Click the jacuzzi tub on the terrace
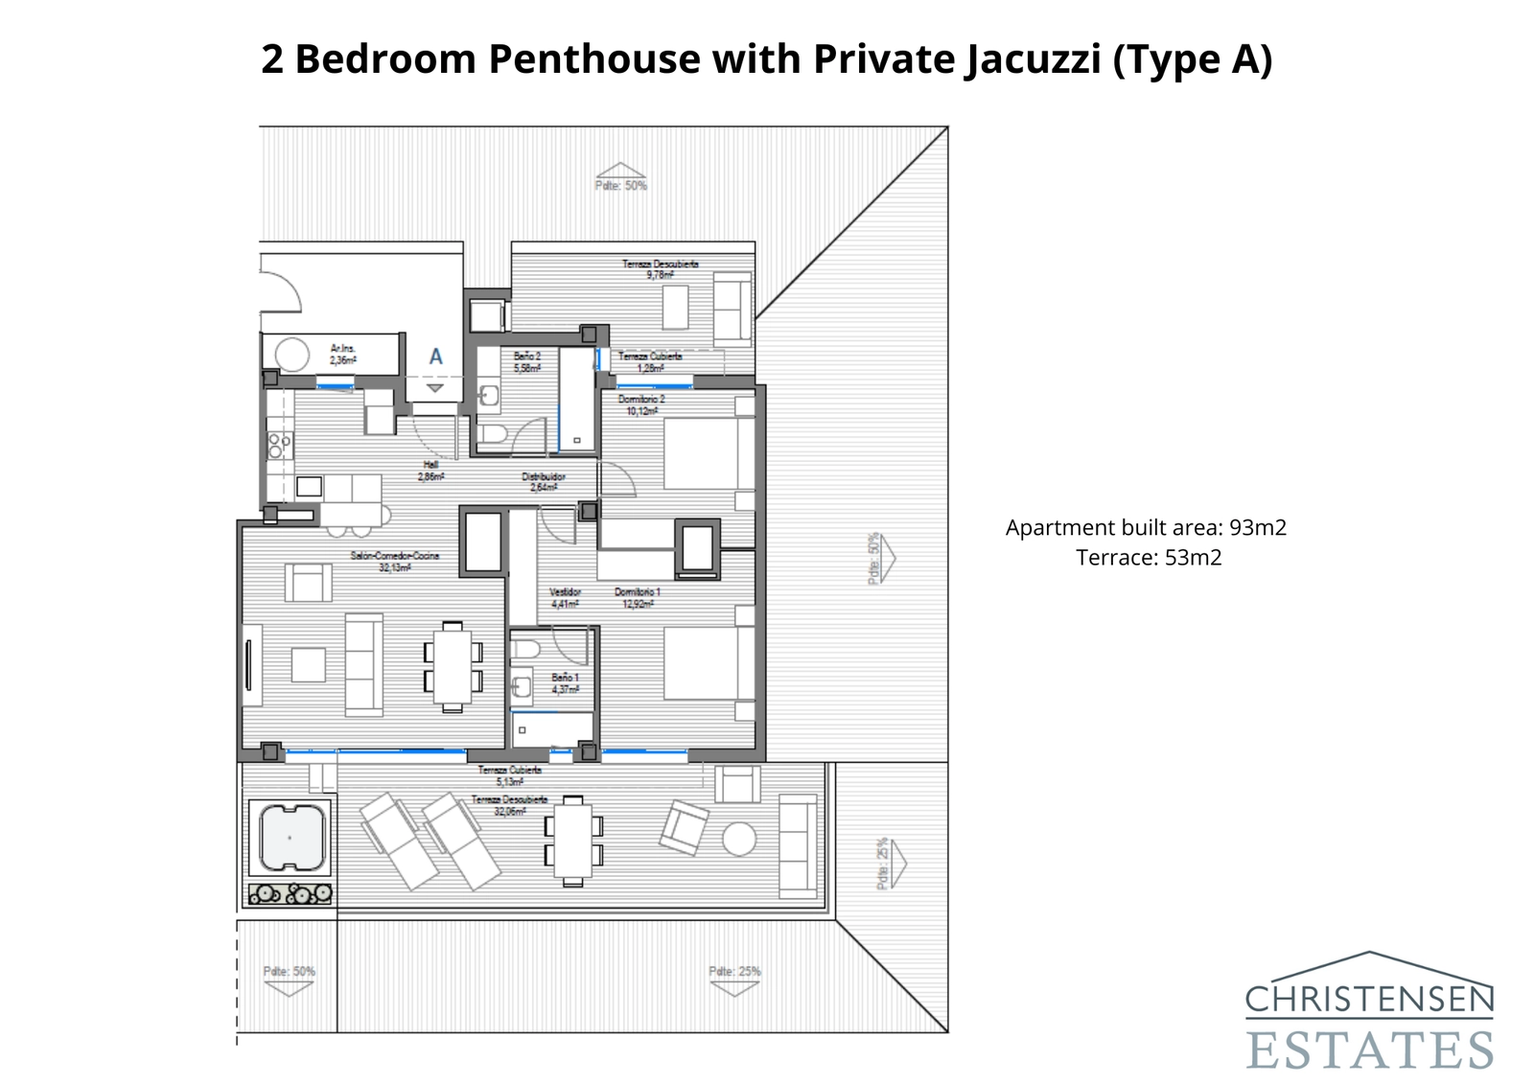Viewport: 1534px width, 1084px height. coord(289,837)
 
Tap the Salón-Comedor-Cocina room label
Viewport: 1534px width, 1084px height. coord(394,562)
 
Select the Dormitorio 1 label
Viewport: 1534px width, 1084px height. coord(637,598)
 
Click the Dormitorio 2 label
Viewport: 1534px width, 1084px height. coord(641,404)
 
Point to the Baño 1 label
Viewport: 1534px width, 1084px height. coord(565,683)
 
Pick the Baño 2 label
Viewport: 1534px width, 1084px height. coord(527,361)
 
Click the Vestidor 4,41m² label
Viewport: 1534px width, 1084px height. coord(565,598)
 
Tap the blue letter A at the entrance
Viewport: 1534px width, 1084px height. coord(435,357)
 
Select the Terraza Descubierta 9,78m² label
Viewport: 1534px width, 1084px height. coord(660,268)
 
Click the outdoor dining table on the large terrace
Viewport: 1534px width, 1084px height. coord(572,841)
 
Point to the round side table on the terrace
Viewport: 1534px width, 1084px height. coord(739,840)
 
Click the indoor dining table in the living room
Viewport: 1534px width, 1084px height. coord(452,666)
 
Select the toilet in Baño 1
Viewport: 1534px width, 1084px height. coord(525,651)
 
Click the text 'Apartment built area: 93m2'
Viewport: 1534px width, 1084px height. coord(1146,527)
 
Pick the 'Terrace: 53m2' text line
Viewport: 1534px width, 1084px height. coord(1149,558)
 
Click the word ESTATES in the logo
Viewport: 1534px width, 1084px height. coord(1370,1049)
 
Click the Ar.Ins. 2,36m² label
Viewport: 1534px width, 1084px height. coord(343,355)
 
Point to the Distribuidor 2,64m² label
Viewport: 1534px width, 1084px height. coord(543,481)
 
